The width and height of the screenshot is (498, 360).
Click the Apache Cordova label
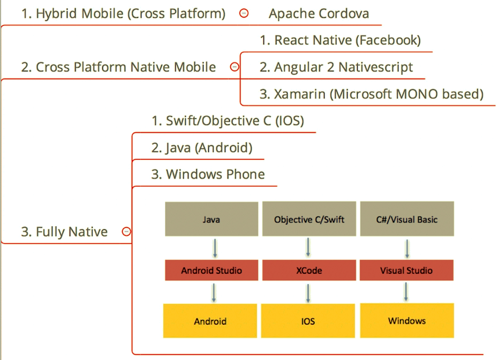(319, 14)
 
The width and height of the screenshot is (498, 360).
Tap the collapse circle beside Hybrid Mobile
(244, 13)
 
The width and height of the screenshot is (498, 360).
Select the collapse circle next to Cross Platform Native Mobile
(235, 67)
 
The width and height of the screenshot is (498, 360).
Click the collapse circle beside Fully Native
(126, 231)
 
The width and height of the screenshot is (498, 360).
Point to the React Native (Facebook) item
(340, 40)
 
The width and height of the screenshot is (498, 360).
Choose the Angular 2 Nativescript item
(336, 67)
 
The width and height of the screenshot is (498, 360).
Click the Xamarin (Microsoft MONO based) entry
(372, 94)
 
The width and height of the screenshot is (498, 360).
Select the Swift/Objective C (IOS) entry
(228, 121)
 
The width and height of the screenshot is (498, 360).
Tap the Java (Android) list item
(202, 148)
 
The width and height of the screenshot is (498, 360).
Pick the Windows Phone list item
(208, 174)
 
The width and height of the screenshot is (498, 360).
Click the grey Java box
(212, 219)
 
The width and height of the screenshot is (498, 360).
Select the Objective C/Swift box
(309, 219)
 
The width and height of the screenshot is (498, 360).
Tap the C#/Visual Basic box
(407, 219)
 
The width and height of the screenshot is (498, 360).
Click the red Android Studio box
(212, 270)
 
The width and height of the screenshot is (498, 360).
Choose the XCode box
(309, 270)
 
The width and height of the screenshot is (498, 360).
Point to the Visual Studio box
(406, 270)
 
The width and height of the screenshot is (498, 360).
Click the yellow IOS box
(308, 321)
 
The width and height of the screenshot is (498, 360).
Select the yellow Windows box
(407, 320)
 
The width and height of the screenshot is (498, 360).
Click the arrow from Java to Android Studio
(215, 248)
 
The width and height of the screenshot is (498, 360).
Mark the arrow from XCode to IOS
(308, 293)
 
